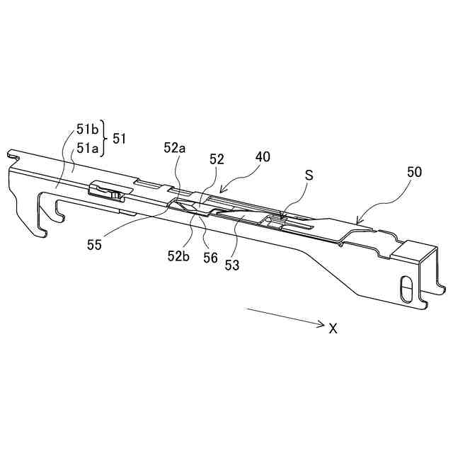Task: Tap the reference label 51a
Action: [87, 147]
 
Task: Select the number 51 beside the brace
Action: [120, 139]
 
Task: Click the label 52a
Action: [174, 149]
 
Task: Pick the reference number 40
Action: [262, 157]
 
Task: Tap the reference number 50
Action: [415, 172]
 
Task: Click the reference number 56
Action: [210, 258]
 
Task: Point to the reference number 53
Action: [232, 265]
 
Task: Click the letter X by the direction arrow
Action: [333, 328]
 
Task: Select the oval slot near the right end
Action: [406, 288]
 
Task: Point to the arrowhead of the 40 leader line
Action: [222, 190]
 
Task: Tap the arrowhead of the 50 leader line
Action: [357, 223]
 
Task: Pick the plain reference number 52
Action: [217, 160]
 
